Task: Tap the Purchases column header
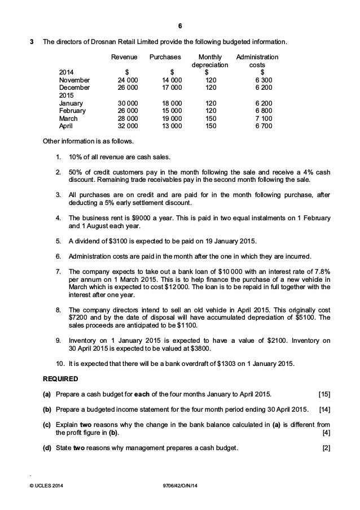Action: coord(165,57)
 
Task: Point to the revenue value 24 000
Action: coord(125,80)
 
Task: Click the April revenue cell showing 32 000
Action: coord(125,127)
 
